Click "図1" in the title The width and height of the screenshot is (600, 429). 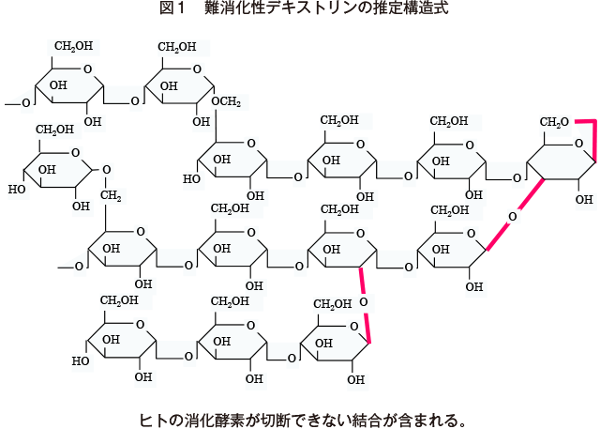click(x=172, y=8)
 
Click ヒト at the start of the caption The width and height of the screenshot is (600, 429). click(x=153, y=421)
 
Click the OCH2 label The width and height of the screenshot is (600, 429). click(x=226, y=102)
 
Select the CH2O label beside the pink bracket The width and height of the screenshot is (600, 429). click(x=554, y=122)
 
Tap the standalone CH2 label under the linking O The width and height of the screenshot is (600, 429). click(x=111, y=196)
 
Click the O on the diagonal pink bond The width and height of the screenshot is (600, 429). click(x=513, y=217)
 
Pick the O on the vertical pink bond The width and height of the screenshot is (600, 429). click(x=364, y=302)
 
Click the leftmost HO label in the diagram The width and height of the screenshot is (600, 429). click(x=17, y=189)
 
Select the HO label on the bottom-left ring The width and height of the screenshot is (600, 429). click(x=81, y=360)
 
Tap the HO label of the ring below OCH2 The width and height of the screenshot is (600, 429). click(x=191, y=178)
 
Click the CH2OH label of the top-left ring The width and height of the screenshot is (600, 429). click(x=73, y=46)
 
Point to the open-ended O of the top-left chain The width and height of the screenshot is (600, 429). click(x=26, y=103)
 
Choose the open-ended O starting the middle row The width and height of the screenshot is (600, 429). click(x=79, y=267)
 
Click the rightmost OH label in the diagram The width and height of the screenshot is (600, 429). click(x=584, y=199)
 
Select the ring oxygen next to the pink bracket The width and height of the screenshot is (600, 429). click(x=579, y=144)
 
